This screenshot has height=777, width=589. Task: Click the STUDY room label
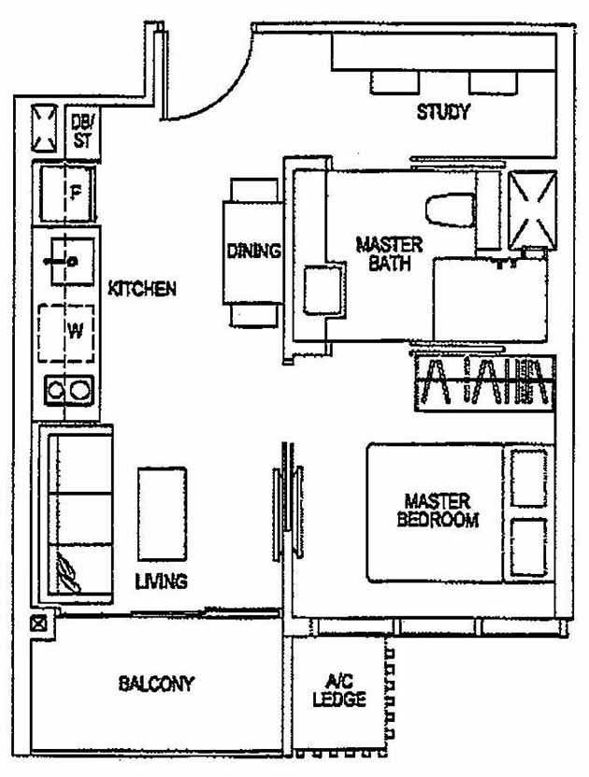coord(442,113)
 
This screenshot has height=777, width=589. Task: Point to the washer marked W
coord(67,332)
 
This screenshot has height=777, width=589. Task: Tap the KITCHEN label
coord(142,289)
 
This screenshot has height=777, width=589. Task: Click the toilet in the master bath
coord(449,208)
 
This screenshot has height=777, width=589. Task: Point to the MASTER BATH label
coord(389,254)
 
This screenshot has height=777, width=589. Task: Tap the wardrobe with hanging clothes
coord(484,383)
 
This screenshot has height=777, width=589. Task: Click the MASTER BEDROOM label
coord(437,511)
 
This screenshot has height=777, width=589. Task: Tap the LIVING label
coord(161,582)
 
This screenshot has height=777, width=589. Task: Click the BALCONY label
coord(156,683)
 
